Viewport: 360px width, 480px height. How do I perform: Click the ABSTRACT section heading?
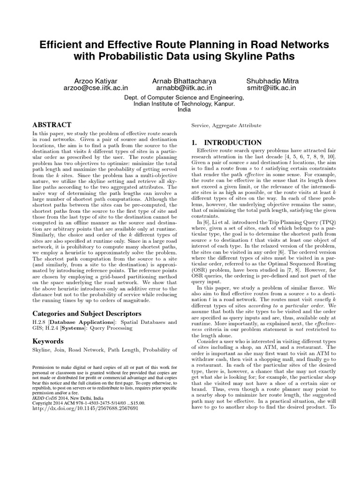52,125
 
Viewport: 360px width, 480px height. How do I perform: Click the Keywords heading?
48,341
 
